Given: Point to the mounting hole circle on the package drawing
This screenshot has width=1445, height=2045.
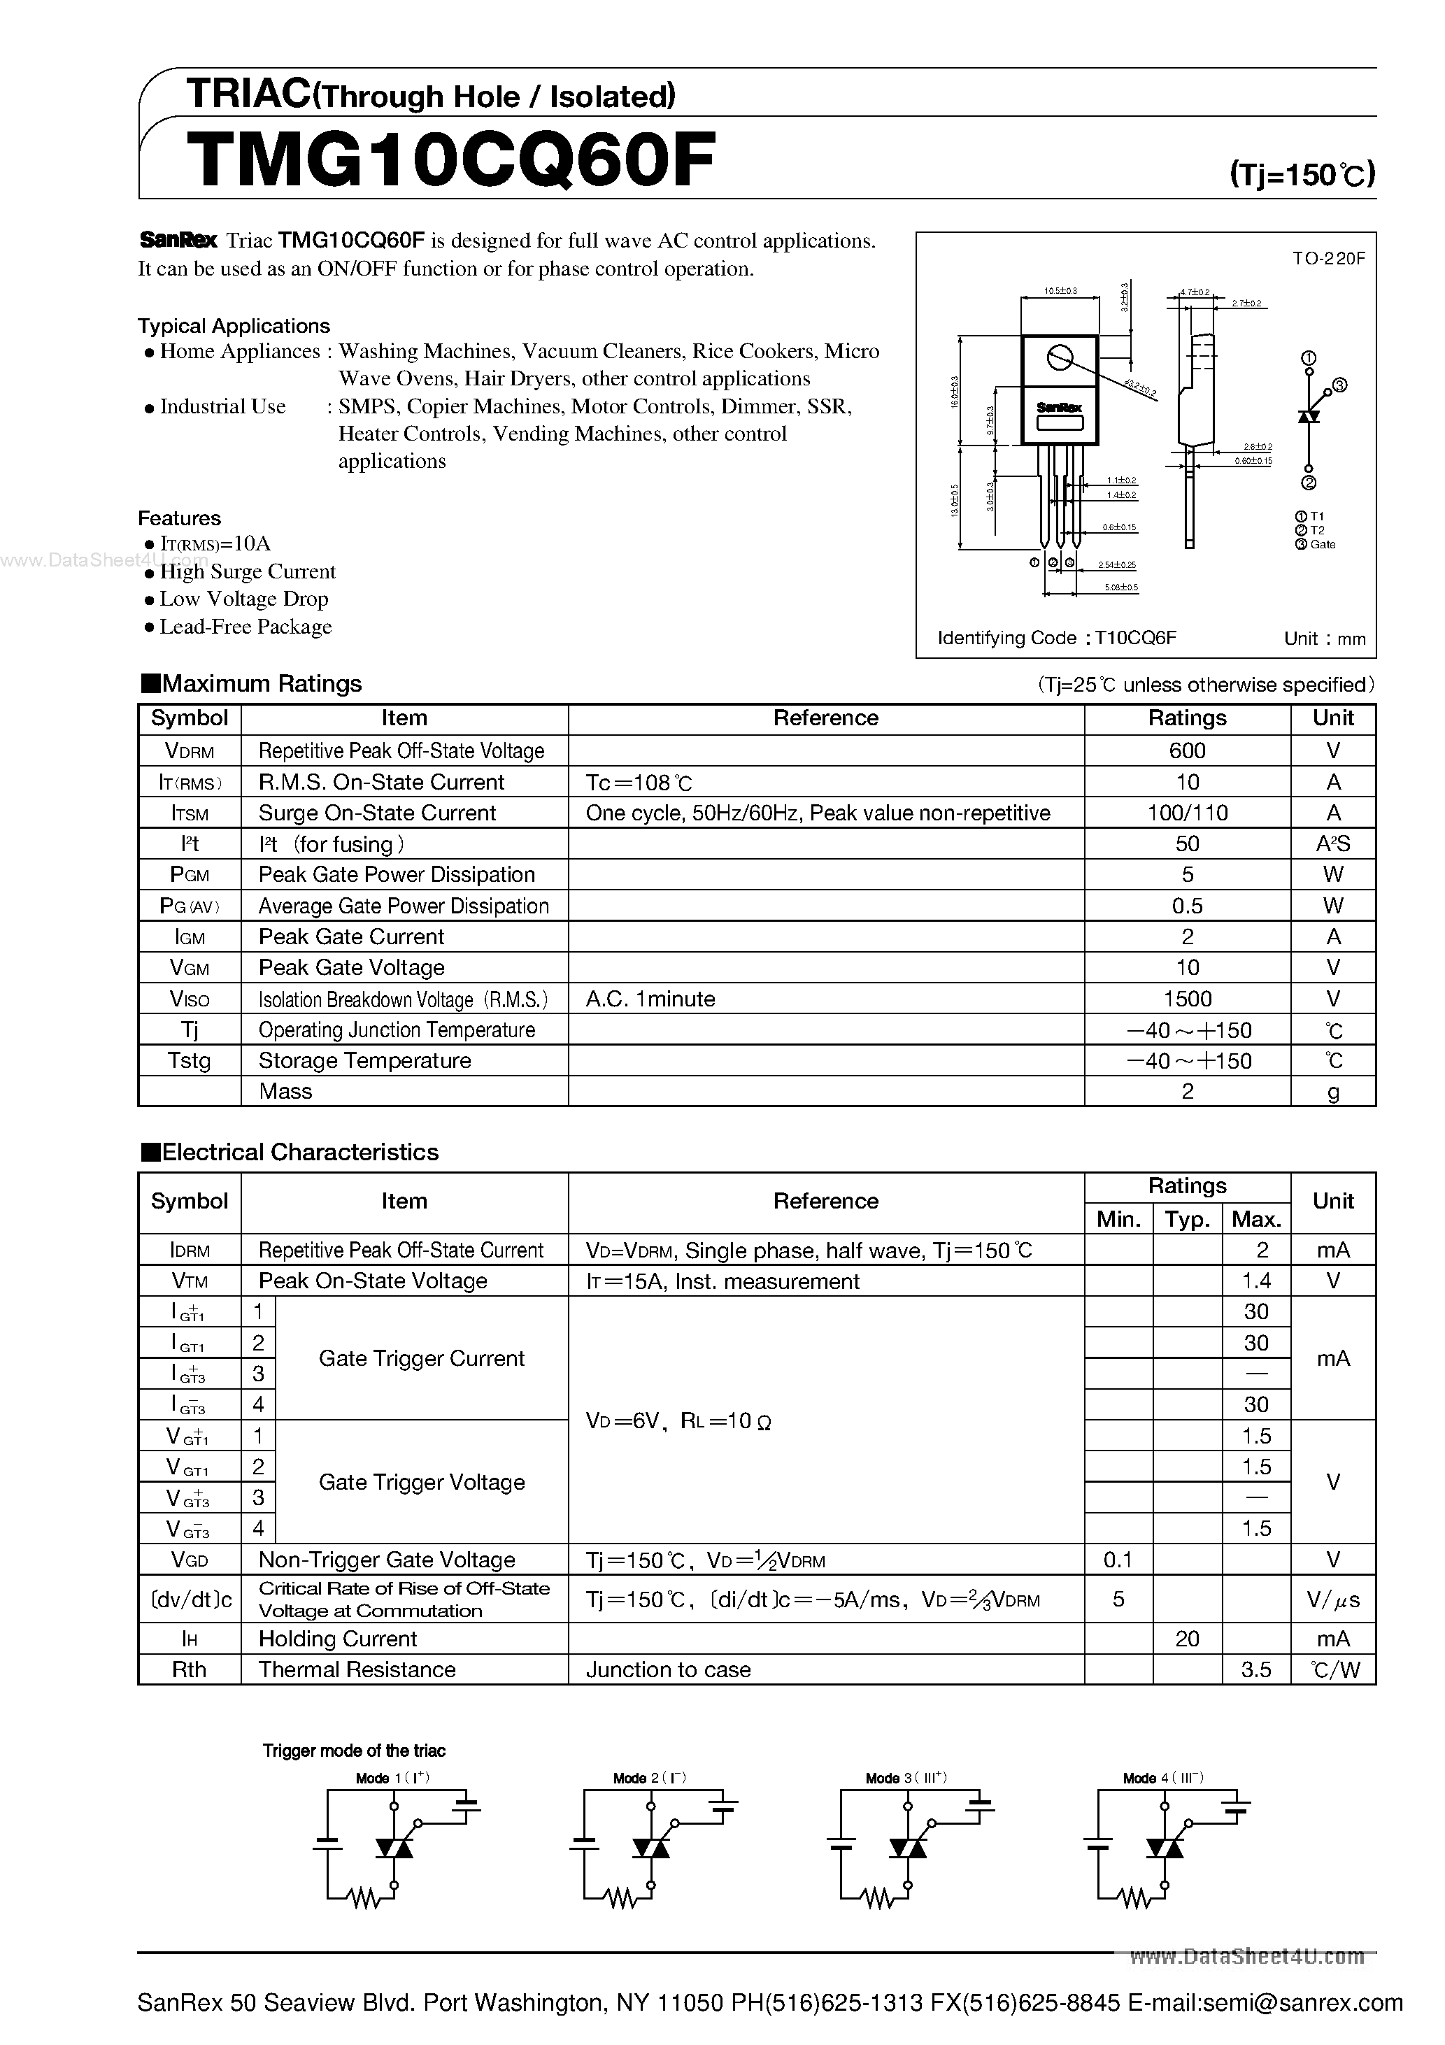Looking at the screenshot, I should pyautogui.click(x=1059, y=358).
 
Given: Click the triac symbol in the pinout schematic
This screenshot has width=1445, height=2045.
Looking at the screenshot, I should pyautogui.click(x=1308, y=416).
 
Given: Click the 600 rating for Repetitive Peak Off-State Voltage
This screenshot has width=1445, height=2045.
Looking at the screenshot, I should pyautogui.click(x=1187, y=751).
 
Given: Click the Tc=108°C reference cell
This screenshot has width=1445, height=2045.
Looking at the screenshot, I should pyautogui.click(x=639, y=783).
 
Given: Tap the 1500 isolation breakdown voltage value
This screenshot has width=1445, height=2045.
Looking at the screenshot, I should pyautogui.click(x=1187, y=999).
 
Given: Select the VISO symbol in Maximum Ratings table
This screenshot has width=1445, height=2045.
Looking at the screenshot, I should pyautogui.click(x=189, y=999).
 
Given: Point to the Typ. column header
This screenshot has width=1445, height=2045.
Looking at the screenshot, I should pyautogui.click(x=1187, y=1219).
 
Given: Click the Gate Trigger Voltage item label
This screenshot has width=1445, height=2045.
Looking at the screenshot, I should pyautogui.click(x=421, y=1482).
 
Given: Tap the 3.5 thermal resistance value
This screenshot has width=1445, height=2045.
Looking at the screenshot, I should pyautogui.click(x=1255, y=1670).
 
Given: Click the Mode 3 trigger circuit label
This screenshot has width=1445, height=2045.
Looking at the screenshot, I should pyautogui.click(x=905, y=1778).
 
